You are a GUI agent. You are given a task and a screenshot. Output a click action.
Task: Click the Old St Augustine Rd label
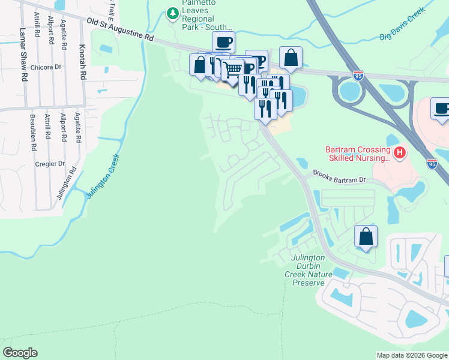[x=120, y=29]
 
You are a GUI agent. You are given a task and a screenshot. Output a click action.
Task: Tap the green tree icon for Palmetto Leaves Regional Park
[x=173, y=13]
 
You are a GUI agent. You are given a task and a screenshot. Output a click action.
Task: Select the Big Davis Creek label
[x=402, y=24]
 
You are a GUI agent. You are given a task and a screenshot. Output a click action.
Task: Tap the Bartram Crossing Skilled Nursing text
[x=358, y=153]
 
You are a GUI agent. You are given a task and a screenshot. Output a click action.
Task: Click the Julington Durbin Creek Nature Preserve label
[x=308, y=270]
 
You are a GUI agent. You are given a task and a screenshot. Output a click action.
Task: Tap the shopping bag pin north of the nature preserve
[x=366, y=237]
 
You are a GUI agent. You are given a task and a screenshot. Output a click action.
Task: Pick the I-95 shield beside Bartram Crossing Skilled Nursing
[x=432, y=163]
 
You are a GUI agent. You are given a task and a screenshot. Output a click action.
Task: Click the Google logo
[x=20, y=353]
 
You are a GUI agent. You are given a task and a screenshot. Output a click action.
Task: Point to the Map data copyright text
[x=412, y=355]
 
